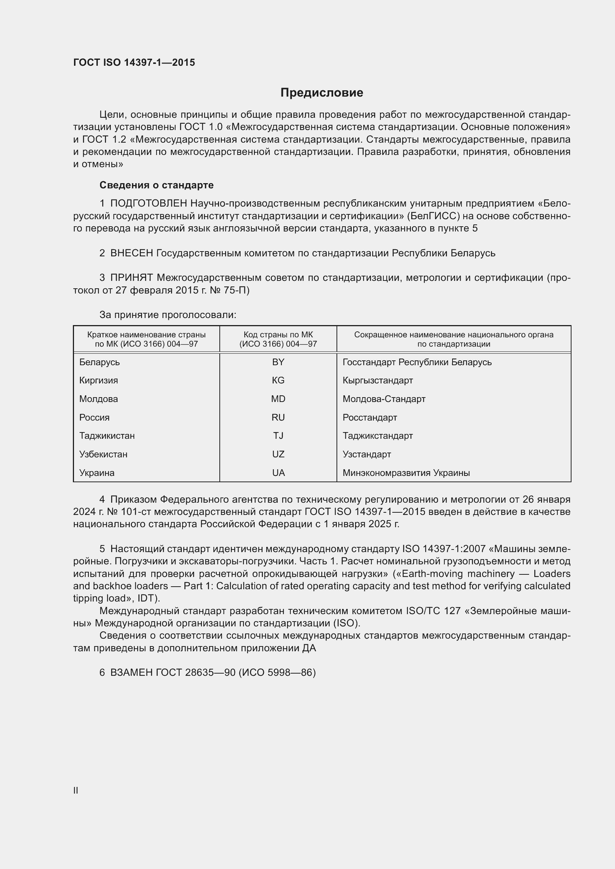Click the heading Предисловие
(322, 93)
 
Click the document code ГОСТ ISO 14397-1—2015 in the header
(134, 62)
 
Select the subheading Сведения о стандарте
(157, 185)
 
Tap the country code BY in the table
(278, 362)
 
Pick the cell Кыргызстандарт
(377, 380)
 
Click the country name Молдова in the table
(99, 399)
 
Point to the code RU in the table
(278, 418)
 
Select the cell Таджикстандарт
(377, 436)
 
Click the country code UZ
(278, 454)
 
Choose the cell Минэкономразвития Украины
(406, 473)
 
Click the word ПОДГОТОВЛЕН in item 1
(148, 204)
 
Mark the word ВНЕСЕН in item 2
(131, 253)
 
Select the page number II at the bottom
(76, 791)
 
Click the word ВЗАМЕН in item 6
(131, 672)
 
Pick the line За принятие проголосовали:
(168, 315)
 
